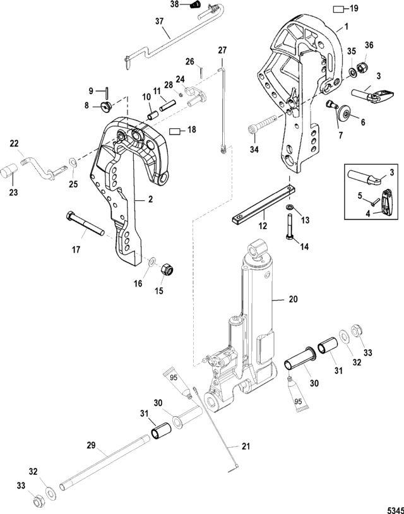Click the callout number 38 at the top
175,4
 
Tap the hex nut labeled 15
167,270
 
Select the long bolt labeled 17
85,224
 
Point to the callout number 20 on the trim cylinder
293,299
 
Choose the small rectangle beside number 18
175,131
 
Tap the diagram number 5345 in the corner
395,510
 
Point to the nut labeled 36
362,67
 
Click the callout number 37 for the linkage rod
160,21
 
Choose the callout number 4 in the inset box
368,213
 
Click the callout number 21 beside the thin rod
246,446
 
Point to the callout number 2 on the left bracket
150,199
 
